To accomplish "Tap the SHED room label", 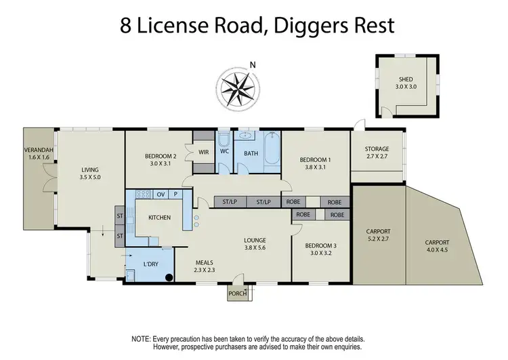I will pyautogui.click(x=404, y=79).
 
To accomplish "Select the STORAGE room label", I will pyautogui.click(x=377, y=149).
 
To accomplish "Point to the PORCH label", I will pyautogui.click(x=238, y=294).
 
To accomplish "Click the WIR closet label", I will pyautogui.click(x=203, y=152).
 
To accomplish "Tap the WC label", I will pyautogui.click(x=224, y=152).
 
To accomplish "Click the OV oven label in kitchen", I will pyautogui.click(x=161, y=195).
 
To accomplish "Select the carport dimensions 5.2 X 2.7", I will pyautogui.click(x=377, y=240).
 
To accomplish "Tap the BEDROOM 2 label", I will pyautogui.click(x=161, y=156).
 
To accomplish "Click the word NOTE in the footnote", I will pyautogui.click(x=142, y=338).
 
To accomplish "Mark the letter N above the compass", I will pyautogui.click(x=253, y=65).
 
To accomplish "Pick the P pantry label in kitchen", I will pyautogui.click(x=175, y=195).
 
